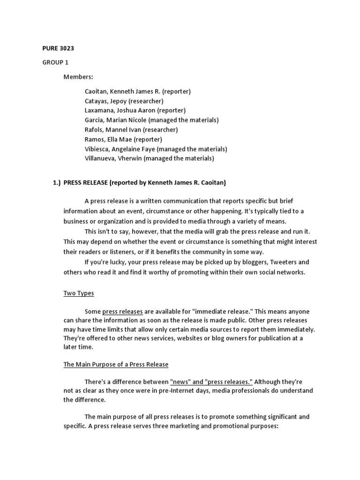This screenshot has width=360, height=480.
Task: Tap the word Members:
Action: click(78, 76)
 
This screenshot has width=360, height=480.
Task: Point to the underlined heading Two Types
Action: click(79, 293)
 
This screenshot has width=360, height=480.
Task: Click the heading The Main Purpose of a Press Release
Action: click(116, 364)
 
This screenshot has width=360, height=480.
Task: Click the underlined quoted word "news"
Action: click(180, 382)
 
